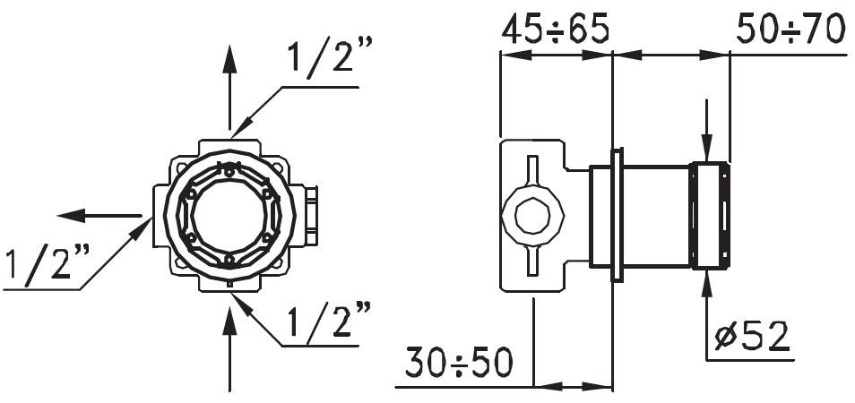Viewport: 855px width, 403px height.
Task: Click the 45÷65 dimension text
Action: coord(555,29)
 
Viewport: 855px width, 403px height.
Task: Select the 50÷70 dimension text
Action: coord(790,29)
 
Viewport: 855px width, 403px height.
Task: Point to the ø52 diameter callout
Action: coord(753,337)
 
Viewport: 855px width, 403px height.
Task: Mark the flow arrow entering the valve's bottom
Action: coord(230,349)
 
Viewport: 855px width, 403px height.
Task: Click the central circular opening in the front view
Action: coord(229,215)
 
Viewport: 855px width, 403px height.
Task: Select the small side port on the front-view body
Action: coord(310,215)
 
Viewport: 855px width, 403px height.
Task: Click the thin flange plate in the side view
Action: coord(617,216)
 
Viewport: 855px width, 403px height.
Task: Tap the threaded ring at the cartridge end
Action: coord(709,216)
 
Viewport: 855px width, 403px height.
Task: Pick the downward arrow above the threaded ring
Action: coord(708,130)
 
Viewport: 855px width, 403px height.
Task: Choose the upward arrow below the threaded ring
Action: coord(708,300)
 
